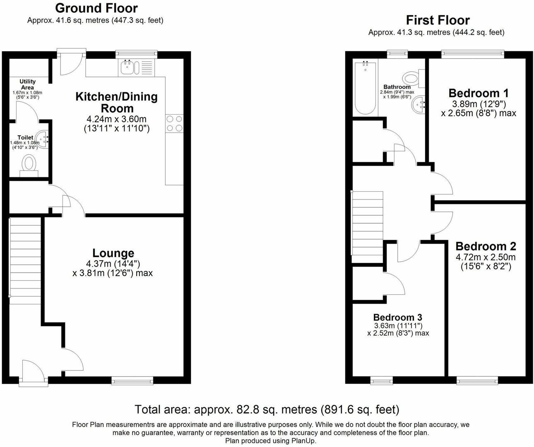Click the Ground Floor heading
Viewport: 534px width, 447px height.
(x=96, y=8)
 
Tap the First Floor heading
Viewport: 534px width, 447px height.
(x=438, y=20)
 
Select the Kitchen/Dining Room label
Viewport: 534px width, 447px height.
(x=117, y=103)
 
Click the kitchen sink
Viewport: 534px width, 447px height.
(x=130, y=68)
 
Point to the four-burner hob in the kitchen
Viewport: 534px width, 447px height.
(x=174, y=123)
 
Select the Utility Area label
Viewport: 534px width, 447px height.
(x=27, y=84)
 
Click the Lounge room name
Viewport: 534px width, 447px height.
(x=113, y=253)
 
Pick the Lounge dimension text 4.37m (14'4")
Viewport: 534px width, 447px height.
(x=113, y=263)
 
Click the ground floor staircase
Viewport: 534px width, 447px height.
(x=25, y=261)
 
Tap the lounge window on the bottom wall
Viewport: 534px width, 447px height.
(x=132, y=380)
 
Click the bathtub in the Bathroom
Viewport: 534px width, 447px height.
(x=366, y=88)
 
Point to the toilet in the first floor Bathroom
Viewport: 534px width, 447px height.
(x=414, y=78)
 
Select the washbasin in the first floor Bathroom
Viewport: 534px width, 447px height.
(x=419, y=104)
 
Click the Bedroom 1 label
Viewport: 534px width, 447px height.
(x=479, y=93)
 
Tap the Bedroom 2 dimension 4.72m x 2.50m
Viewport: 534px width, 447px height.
(x=486, y=257)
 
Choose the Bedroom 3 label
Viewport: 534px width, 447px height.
(x=397, y=317)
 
